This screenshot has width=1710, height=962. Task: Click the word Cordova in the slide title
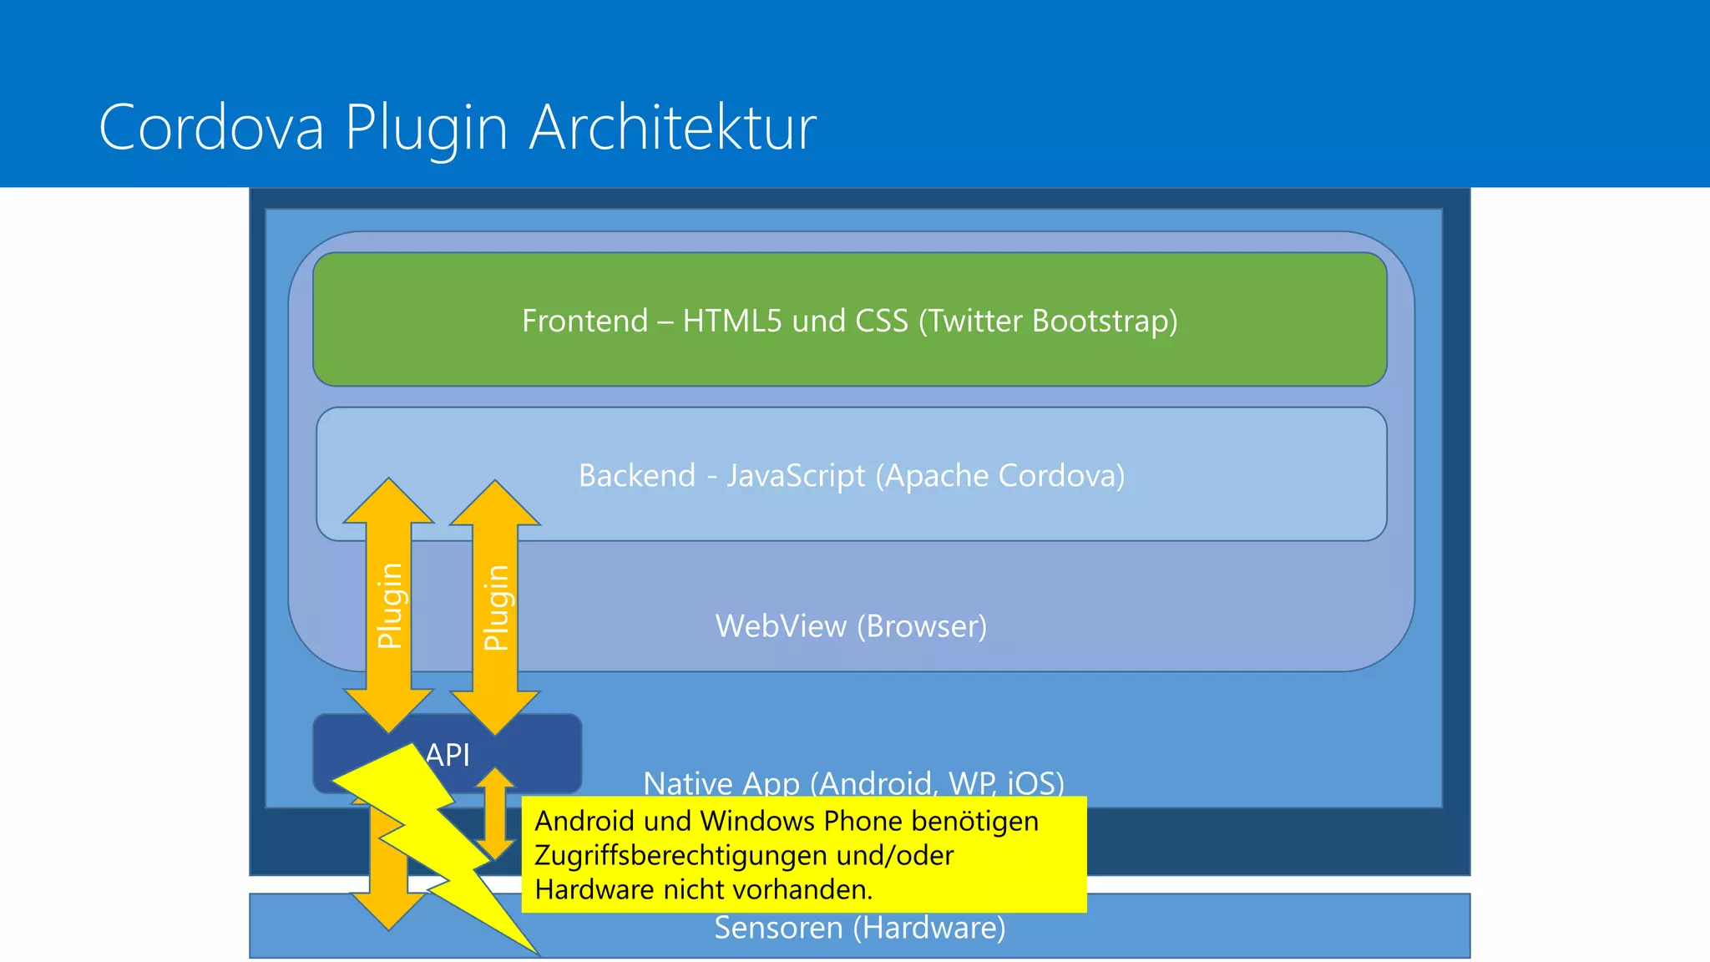pyautogui.click(x=210, y=128)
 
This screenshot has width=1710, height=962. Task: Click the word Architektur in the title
pyautogui.click(x=673, y=128)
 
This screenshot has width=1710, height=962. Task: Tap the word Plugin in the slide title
pyautogui.click(x=426, y=128)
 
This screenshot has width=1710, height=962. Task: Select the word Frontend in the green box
pyautogui.click(x=584, y=321)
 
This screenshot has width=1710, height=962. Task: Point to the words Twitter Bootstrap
pyautogui.click(x=1047, y=321)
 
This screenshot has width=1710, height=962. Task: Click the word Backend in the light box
pyautogui.click(x=636, y=476)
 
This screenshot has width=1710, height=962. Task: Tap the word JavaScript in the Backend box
pyautogui.click(x=795, y=476)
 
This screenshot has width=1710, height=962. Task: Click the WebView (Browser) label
pyautogui.click(x=851, y=626)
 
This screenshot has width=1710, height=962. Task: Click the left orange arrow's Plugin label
pyautogui.click(x=390, y=605)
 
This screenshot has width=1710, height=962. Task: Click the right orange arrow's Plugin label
pyautogui.click(x=496, y=607)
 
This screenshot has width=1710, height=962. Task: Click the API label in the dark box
pyautogui.click(x=448, y=755)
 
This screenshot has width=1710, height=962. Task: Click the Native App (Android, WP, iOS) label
pyautogui.click(x=853, y=783)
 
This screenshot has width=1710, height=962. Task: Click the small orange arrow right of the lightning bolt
pyautogui.click(x=496, y=814)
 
